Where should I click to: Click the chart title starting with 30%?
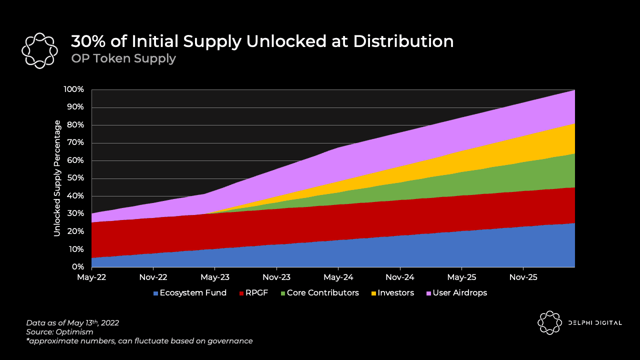coord(262,41)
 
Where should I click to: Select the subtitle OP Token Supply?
coord(123,58)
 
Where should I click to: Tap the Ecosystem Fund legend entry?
coord(190,293)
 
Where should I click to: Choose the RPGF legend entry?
coord(253,293)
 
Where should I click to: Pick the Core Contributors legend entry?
coord(318,293)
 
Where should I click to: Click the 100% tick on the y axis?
coord(73,89)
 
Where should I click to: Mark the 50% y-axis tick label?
coord(75,178)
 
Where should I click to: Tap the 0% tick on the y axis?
coord(78,267)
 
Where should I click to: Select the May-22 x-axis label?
coord(91,276)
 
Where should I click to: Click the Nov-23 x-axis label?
coord(276,276)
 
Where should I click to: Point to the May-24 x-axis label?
coord(338,276)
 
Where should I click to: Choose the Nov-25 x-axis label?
coord(523,276)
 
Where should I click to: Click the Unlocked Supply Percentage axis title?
coord(57,178)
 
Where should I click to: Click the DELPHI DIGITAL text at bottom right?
coord(595,323)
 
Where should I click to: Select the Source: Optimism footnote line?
coord(59,332)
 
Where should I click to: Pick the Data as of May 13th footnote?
coord(72,323)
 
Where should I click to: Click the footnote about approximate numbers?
coord(139,341)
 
